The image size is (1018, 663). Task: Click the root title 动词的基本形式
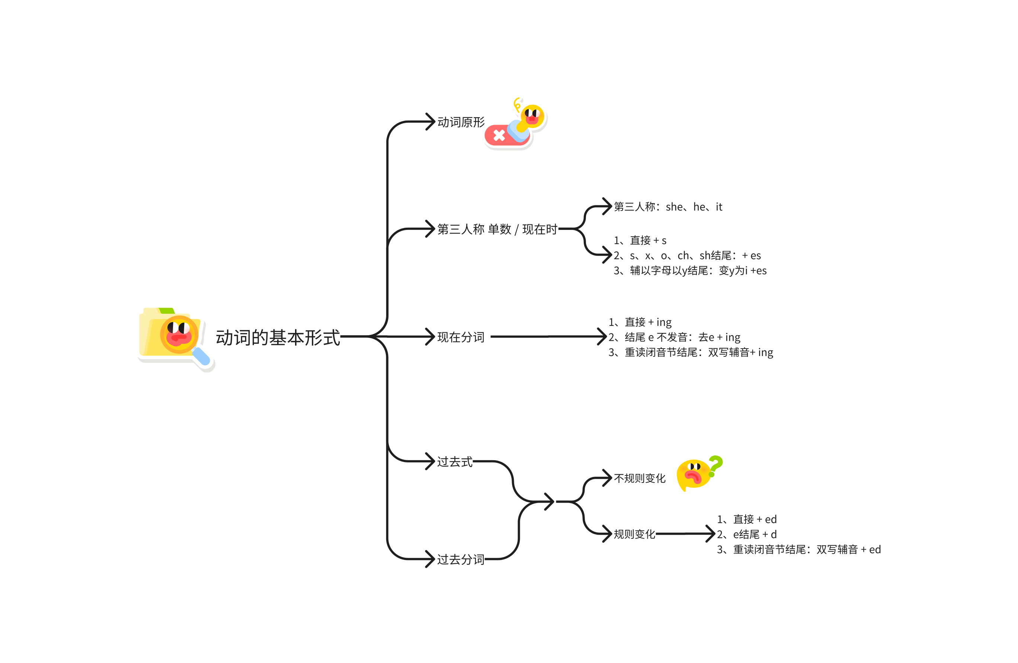(278, 338)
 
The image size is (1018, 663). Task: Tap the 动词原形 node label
(461, 122)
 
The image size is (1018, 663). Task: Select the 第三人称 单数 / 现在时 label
(497, 229)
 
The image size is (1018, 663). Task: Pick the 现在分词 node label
(461, 337)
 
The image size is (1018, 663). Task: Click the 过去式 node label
(455, 462)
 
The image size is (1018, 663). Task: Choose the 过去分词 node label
(461, 559)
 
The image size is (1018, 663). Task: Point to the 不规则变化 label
(640, 478)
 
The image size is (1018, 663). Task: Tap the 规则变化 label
(634, 534)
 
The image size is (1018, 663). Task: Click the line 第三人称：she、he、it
(668, 207)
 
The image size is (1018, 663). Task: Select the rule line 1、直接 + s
(640, 240)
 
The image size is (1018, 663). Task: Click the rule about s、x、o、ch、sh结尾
(687, 255)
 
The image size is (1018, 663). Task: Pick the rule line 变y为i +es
(690, 270)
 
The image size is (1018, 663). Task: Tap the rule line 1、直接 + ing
(640, 322)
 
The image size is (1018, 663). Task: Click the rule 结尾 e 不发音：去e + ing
(674, 337)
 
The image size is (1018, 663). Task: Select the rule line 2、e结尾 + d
(746, 534)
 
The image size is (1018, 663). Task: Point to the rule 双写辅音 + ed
(798, 549)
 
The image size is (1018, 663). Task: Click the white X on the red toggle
(499, 135)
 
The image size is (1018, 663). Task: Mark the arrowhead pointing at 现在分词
(430, 337)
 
